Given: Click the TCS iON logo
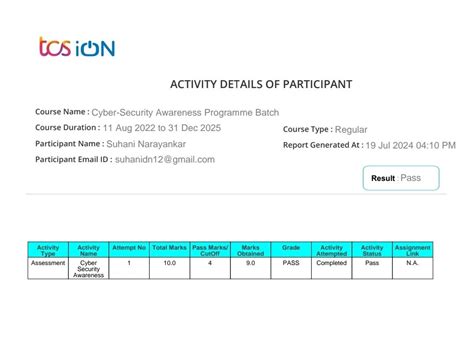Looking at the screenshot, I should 76,47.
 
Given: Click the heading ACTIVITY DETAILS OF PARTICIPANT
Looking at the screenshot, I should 236,84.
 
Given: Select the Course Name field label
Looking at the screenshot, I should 61,112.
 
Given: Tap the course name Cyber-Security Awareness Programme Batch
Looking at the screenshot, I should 185,113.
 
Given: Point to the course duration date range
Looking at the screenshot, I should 157,128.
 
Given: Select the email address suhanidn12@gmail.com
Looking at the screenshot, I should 165,160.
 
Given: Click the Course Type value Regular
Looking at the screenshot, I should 351,129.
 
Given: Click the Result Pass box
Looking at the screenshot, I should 409,178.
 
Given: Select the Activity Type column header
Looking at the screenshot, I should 48,250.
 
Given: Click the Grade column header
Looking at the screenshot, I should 291,247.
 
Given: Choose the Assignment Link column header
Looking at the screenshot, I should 412,250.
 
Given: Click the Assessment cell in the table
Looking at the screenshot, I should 48,262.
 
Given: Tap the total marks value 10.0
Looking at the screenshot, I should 170,262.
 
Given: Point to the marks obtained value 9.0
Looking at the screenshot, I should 250,262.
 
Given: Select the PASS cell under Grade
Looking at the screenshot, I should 291,262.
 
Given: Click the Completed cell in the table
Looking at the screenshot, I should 331,262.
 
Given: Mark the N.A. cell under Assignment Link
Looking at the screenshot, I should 412,262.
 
